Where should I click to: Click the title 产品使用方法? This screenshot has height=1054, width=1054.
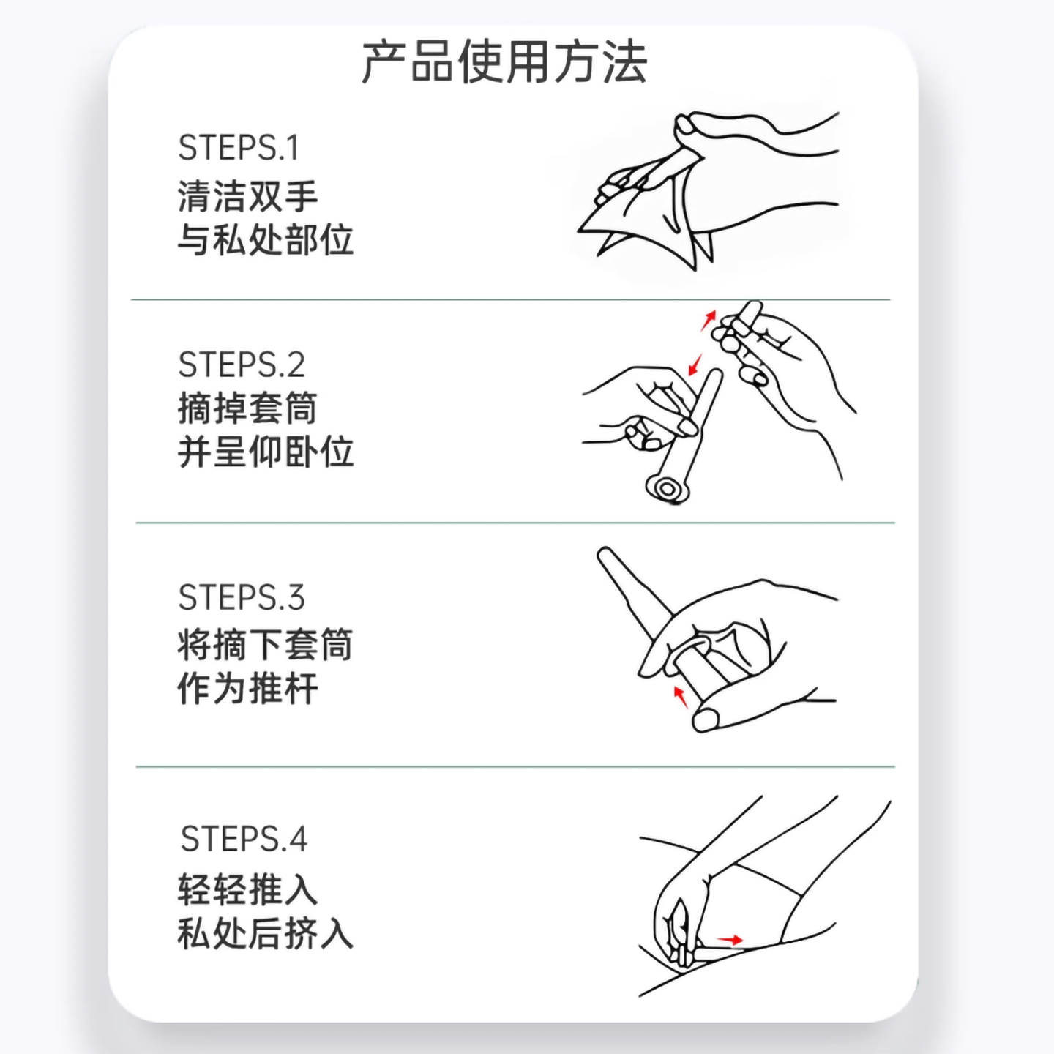504,63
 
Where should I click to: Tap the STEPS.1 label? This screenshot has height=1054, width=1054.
239,148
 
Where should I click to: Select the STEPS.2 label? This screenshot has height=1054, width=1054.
241,365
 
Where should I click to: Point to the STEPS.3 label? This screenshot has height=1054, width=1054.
241,597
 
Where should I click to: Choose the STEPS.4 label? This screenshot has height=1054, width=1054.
243,839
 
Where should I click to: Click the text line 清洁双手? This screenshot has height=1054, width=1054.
247,196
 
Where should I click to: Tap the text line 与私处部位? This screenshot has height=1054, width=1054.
265,240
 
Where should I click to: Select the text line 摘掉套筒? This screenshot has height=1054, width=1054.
247,408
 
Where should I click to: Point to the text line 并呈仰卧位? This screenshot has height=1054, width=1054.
265,452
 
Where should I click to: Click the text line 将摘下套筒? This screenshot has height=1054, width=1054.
265,645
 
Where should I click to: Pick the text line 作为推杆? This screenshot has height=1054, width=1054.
247,689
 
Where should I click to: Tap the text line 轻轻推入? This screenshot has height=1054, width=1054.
247,890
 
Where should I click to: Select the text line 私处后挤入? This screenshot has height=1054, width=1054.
265,934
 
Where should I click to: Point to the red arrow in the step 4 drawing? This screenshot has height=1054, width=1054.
730,940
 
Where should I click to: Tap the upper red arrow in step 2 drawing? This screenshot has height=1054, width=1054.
709,319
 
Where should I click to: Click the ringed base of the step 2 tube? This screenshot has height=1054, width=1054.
666,488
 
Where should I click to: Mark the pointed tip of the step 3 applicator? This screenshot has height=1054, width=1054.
605,554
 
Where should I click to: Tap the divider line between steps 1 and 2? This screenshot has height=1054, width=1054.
510,300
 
